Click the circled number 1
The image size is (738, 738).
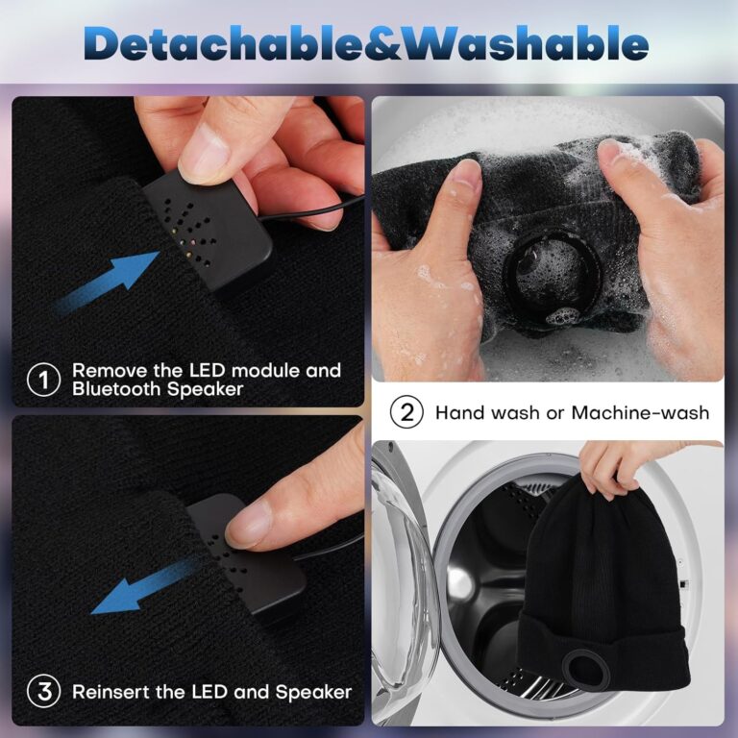coord(43,380)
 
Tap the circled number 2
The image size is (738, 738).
coord(406,412)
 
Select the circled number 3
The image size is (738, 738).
coord(44,692)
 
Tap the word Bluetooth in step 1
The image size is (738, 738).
coord(117,389)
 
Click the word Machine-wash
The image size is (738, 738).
coord(640,413)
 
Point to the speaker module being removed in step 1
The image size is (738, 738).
coord(209,232)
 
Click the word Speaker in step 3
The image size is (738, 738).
coord(313,692)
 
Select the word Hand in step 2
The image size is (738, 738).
coord(459,413)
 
